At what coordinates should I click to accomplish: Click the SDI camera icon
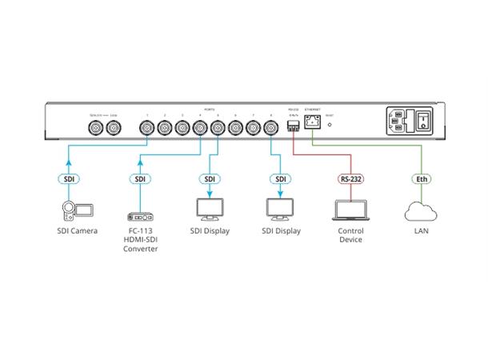(78, 210)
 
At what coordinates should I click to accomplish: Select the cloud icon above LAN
(420, 211)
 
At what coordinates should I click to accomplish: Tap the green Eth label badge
(420, 179)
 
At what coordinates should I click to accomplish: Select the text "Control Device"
(350, 235)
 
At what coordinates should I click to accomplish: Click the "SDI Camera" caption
(78, 231)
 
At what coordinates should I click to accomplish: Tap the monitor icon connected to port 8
(281, 210)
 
